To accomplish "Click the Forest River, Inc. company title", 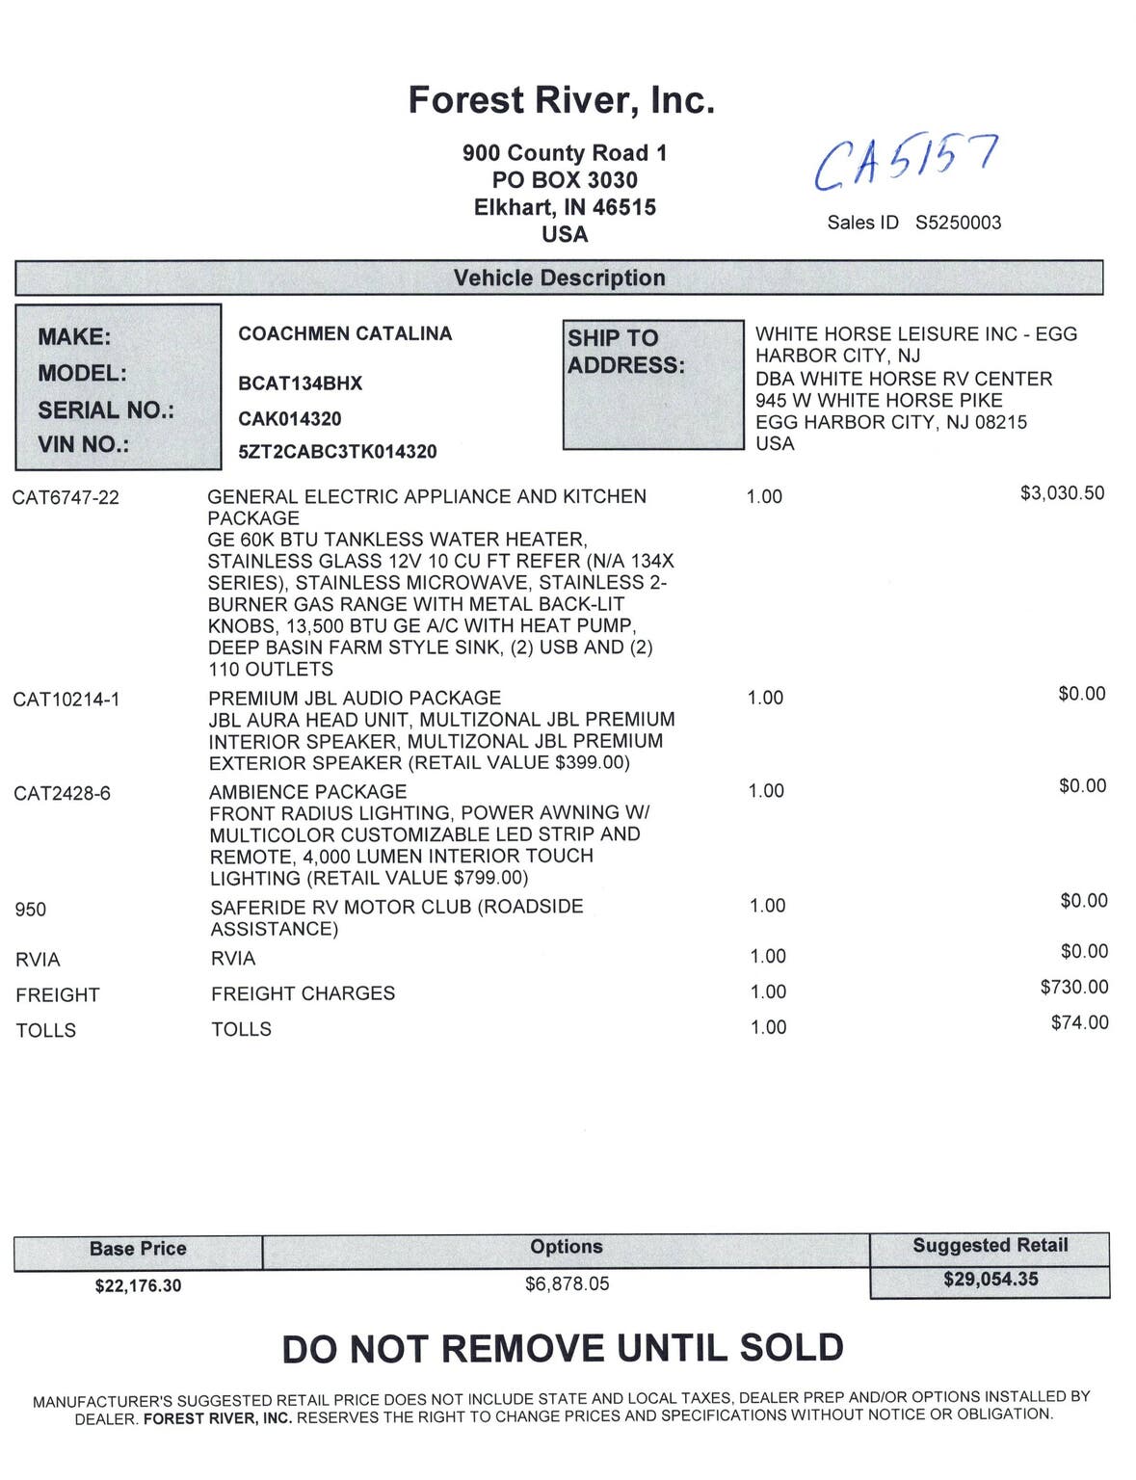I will pos(561,100).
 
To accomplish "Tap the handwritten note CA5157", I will pos(905,161).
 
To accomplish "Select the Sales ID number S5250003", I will pos(958,223).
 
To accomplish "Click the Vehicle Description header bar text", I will pos(559,277).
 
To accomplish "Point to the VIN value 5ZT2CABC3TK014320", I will pos(337,451).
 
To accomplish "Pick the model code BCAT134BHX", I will pos(300,383).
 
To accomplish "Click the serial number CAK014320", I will pos(289,418).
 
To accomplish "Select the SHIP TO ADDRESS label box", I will pos(652,383).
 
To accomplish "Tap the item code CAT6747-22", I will pos(66,497).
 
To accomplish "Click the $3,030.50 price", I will pos(1062,493).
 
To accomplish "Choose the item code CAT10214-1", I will pos(66,700).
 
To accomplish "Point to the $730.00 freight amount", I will pos(1073,987).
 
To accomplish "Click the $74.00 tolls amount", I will pos(1079,1022).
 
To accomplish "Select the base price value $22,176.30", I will pos(138,1285).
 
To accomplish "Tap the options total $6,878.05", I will pos(567,1283).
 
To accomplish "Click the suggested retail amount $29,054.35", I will pos(991,1280).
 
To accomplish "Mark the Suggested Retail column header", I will pos(990,1245).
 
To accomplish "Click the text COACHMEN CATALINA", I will pos(345,333).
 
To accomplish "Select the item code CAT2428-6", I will pos(62,793).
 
